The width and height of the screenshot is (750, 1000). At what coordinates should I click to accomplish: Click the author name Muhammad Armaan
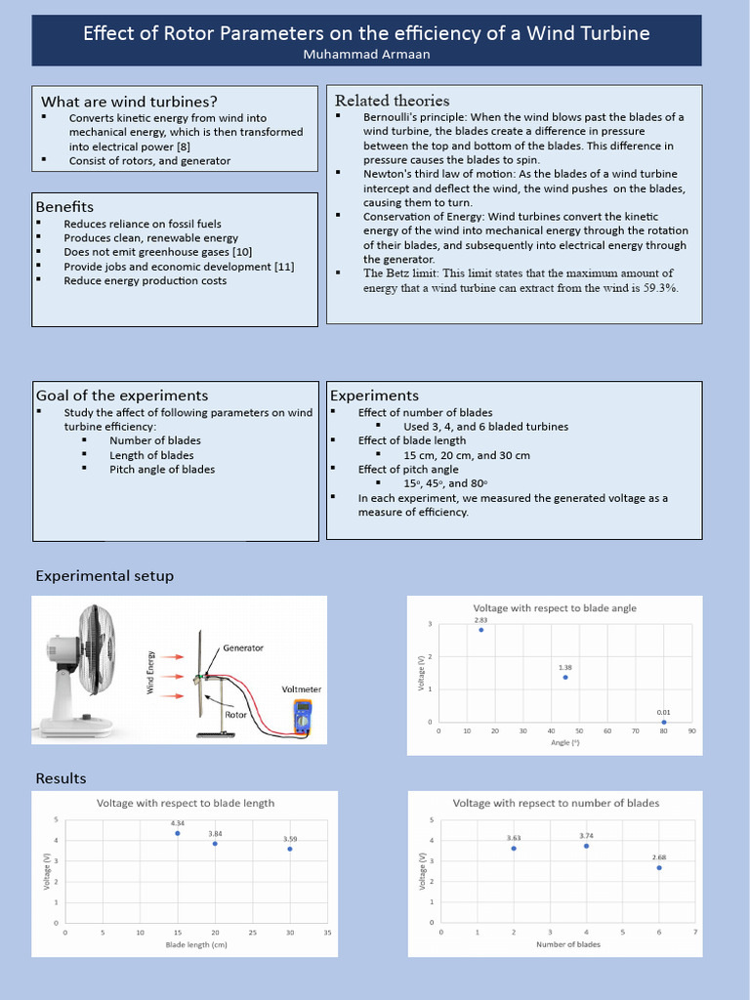click(366, 55)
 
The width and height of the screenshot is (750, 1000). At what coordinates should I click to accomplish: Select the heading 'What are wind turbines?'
click(129, 102)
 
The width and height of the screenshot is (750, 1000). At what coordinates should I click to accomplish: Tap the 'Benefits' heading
click(64, 207)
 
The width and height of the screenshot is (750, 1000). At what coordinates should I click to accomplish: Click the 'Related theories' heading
click(392, 101)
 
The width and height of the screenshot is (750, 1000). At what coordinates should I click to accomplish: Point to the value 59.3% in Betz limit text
click(659, 288)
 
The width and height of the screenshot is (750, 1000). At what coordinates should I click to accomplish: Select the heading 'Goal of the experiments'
click(122, 396)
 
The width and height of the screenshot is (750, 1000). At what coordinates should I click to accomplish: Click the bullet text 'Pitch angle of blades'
click(162, 469)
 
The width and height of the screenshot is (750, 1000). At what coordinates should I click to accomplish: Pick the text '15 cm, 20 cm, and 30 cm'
click(467, 455)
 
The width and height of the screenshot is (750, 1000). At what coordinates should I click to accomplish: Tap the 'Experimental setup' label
click(104, 576)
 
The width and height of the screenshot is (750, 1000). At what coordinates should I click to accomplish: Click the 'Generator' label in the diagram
click(243, 647)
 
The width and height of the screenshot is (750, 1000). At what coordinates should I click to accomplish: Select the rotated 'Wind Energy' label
click(151, 672)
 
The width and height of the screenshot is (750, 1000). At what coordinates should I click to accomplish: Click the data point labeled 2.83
click(481, 630)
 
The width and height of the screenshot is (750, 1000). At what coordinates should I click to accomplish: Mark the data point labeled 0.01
click(663, 722)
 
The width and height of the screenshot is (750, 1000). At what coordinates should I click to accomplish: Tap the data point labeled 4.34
click(177, 833)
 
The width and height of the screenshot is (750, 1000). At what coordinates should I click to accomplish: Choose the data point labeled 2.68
click(659, 867)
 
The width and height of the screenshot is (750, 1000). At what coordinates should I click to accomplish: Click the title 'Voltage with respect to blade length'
click(186, 803)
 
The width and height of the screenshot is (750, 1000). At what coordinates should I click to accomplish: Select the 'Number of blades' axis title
click(568, 944)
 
